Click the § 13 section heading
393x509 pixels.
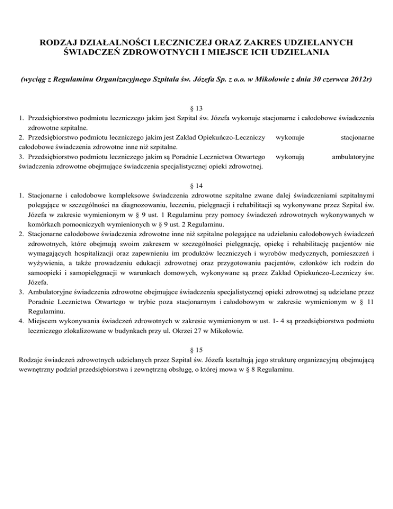[196, 108]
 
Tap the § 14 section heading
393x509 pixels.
[196, 184]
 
